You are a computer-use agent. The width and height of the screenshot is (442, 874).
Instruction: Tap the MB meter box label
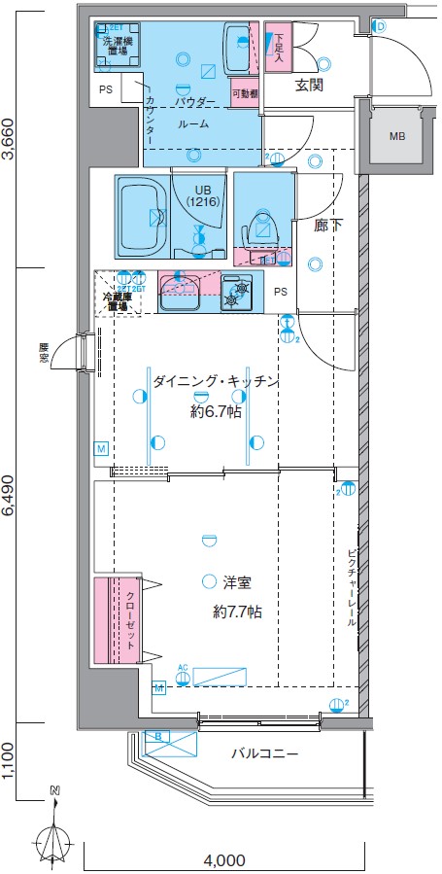click(397, 136)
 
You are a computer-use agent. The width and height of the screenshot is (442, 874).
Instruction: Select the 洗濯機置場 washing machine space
click(119, 47)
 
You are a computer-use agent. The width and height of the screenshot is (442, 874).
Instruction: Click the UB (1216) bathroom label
click(202, 194)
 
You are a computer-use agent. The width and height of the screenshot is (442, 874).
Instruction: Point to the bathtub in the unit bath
click(142, 218)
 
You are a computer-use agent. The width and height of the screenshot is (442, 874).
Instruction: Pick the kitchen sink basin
click(180, 290)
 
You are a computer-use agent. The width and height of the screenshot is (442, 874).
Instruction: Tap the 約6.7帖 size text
click(216, 411)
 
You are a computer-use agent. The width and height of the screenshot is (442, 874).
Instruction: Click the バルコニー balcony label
click(264, 753)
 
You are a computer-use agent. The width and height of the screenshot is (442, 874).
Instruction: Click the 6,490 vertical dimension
click(10, 501)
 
